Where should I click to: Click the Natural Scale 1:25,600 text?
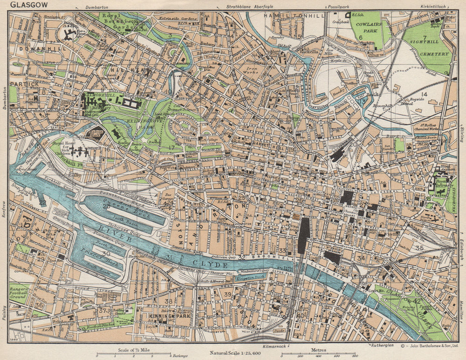coord(235,353)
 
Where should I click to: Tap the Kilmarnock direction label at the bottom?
coord(274,347)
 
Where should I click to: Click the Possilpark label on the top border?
coord(338,7)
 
